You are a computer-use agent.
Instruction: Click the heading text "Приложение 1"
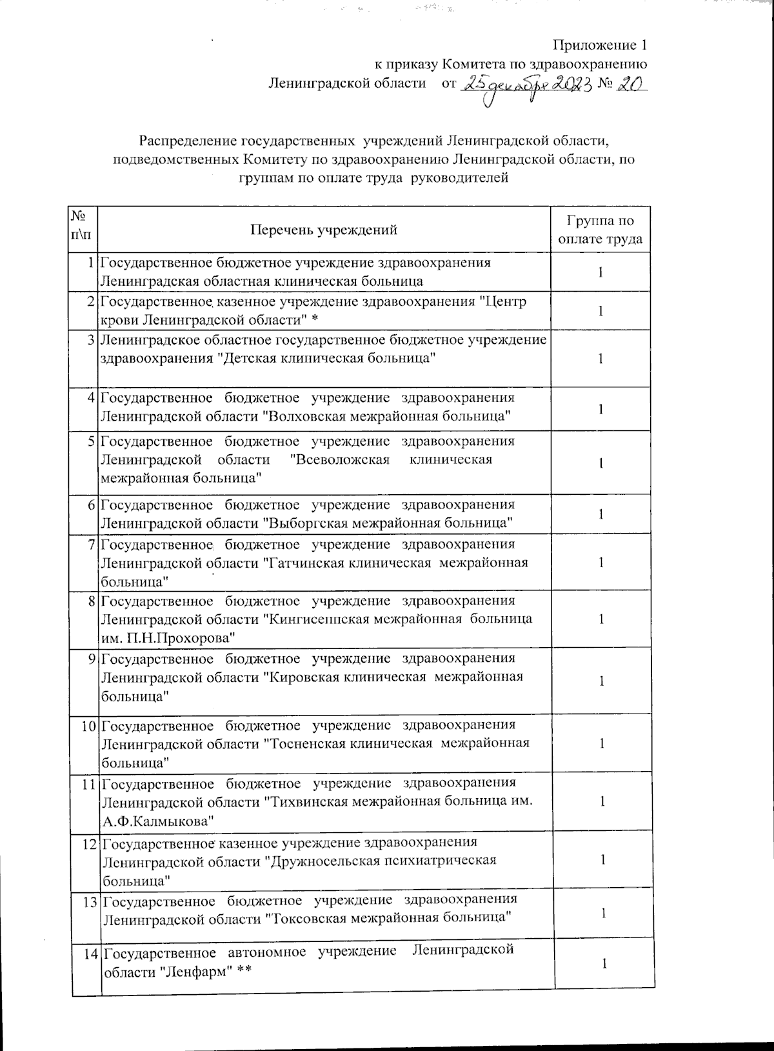(x=600, y=45)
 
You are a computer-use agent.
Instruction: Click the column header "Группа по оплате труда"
(x=600, y=230)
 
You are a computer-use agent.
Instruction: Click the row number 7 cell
(x=94, y=545)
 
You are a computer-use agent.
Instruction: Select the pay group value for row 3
(x=600, y=359)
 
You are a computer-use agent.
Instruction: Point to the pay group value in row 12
(x=602, y=860)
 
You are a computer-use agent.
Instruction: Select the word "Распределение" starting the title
(x=187, y=140)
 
